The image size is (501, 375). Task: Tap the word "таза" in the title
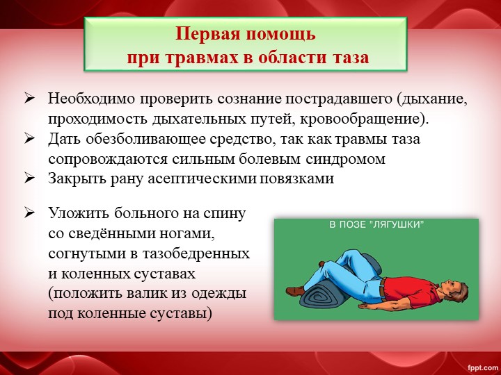(x=351, y=58)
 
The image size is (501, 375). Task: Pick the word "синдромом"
(x=345, y=159)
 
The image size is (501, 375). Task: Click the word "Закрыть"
(x=77, y=178)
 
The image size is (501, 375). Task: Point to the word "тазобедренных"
(x=196, y=254)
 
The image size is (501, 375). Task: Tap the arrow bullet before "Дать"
(x=29, y=140)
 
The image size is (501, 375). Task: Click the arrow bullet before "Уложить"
(x=29, y=213)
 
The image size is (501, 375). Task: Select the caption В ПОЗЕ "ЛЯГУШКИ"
(x=376, y=225)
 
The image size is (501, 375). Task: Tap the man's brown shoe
(x=295, y=291)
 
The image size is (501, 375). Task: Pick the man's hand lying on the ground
(x=367, y=306)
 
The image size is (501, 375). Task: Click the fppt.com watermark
(x=482, y=367)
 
